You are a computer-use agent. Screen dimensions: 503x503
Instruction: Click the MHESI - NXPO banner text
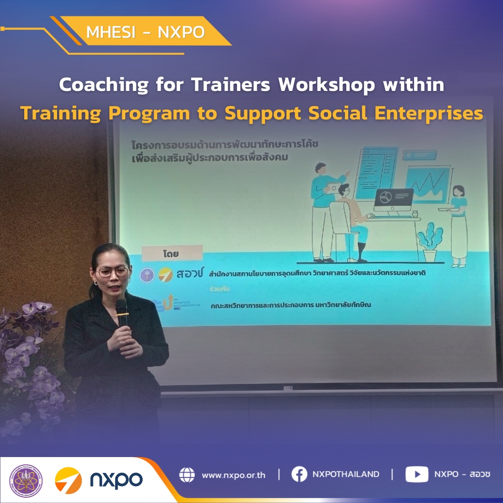[x=145, y=32]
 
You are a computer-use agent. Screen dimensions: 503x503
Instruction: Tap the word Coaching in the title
[x=104, y=85]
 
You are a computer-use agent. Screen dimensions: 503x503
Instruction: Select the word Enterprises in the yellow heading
[x=436, y=113]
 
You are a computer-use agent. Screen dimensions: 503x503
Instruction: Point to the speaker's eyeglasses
[x=113, y=272]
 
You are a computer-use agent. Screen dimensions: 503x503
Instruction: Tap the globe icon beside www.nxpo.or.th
[x=187, y=474]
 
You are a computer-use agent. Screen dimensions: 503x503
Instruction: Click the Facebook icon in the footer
[x=299, y=474]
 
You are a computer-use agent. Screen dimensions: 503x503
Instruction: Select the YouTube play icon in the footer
[x=416, y=474]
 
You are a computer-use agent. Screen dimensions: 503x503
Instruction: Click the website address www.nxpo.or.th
[x=234, y=475]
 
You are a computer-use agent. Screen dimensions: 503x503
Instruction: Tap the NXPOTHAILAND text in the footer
[x=346, y=474]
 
